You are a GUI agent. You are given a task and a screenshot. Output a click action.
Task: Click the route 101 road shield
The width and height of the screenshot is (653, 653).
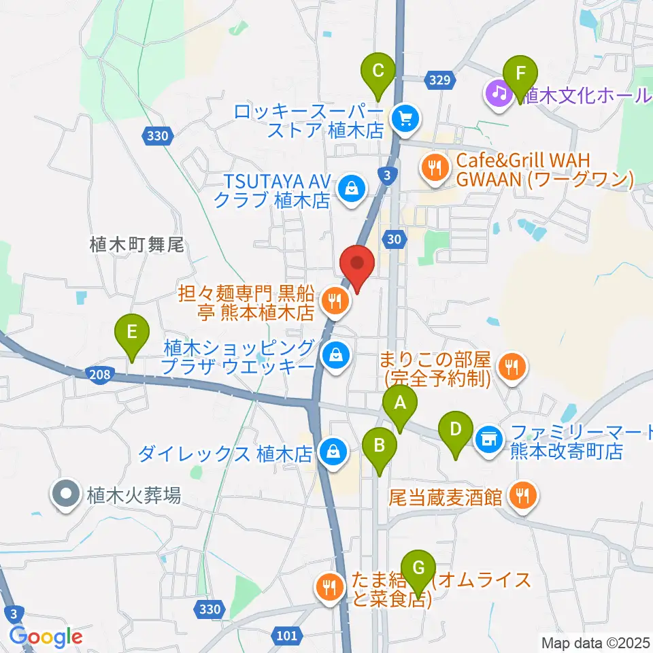288,636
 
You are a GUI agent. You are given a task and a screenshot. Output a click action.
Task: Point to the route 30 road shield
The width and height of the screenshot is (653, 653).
394,239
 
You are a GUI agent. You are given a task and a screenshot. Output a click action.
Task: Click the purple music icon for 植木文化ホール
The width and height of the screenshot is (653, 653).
498,93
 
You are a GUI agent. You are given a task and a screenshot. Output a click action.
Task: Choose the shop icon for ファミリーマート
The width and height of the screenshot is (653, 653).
488,437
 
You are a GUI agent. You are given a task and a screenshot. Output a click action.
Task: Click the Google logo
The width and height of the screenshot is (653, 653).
46,637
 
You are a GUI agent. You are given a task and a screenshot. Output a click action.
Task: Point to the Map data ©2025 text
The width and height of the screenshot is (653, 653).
594,641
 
